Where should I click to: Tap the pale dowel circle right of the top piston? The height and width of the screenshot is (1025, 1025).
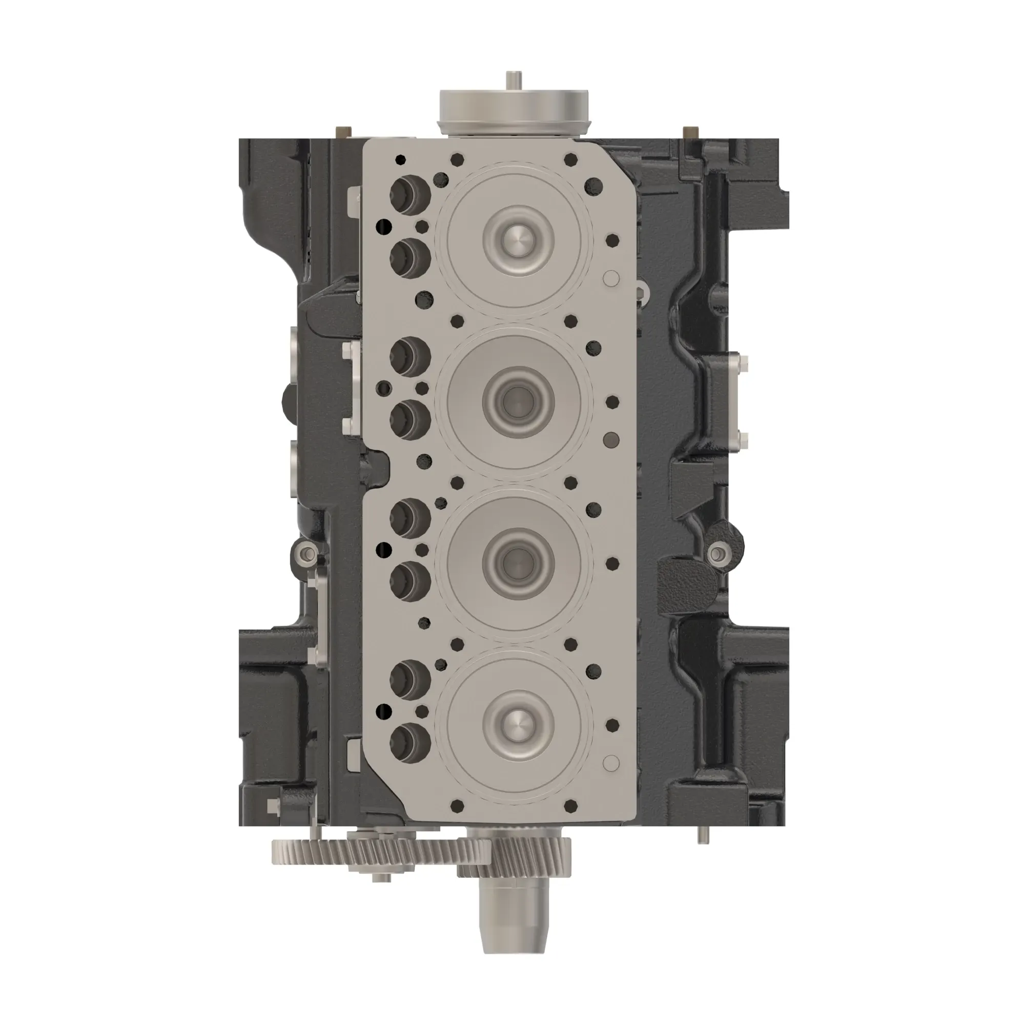612,278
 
